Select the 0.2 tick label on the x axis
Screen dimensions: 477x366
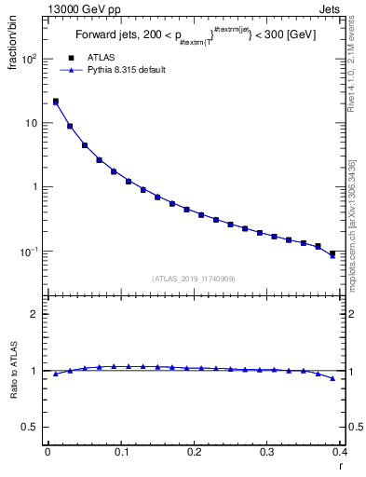point(194,452)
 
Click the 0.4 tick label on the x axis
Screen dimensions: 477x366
point(340,452)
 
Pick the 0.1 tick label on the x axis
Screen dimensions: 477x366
point(121,452)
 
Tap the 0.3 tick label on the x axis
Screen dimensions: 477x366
point(267,452)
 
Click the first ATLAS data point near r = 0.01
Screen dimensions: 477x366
point(55,102)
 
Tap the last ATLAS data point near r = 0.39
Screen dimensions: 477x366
point(332,252)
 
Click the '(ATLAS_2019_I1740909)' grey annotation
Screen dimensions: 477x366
point(193,278)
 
